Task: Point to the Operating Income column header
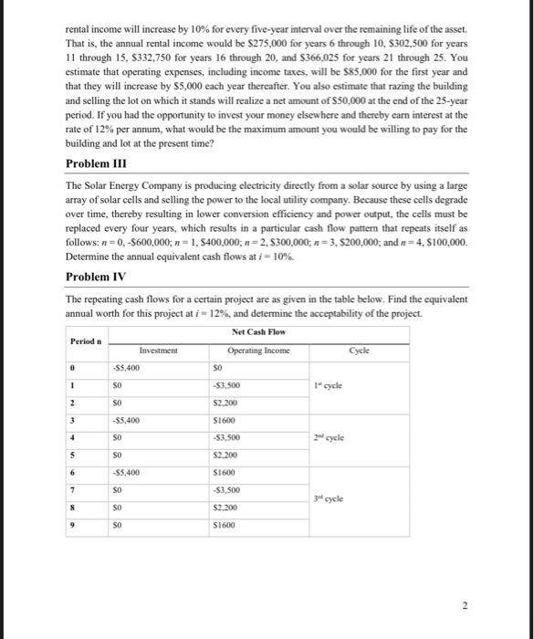coord(265,349)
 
